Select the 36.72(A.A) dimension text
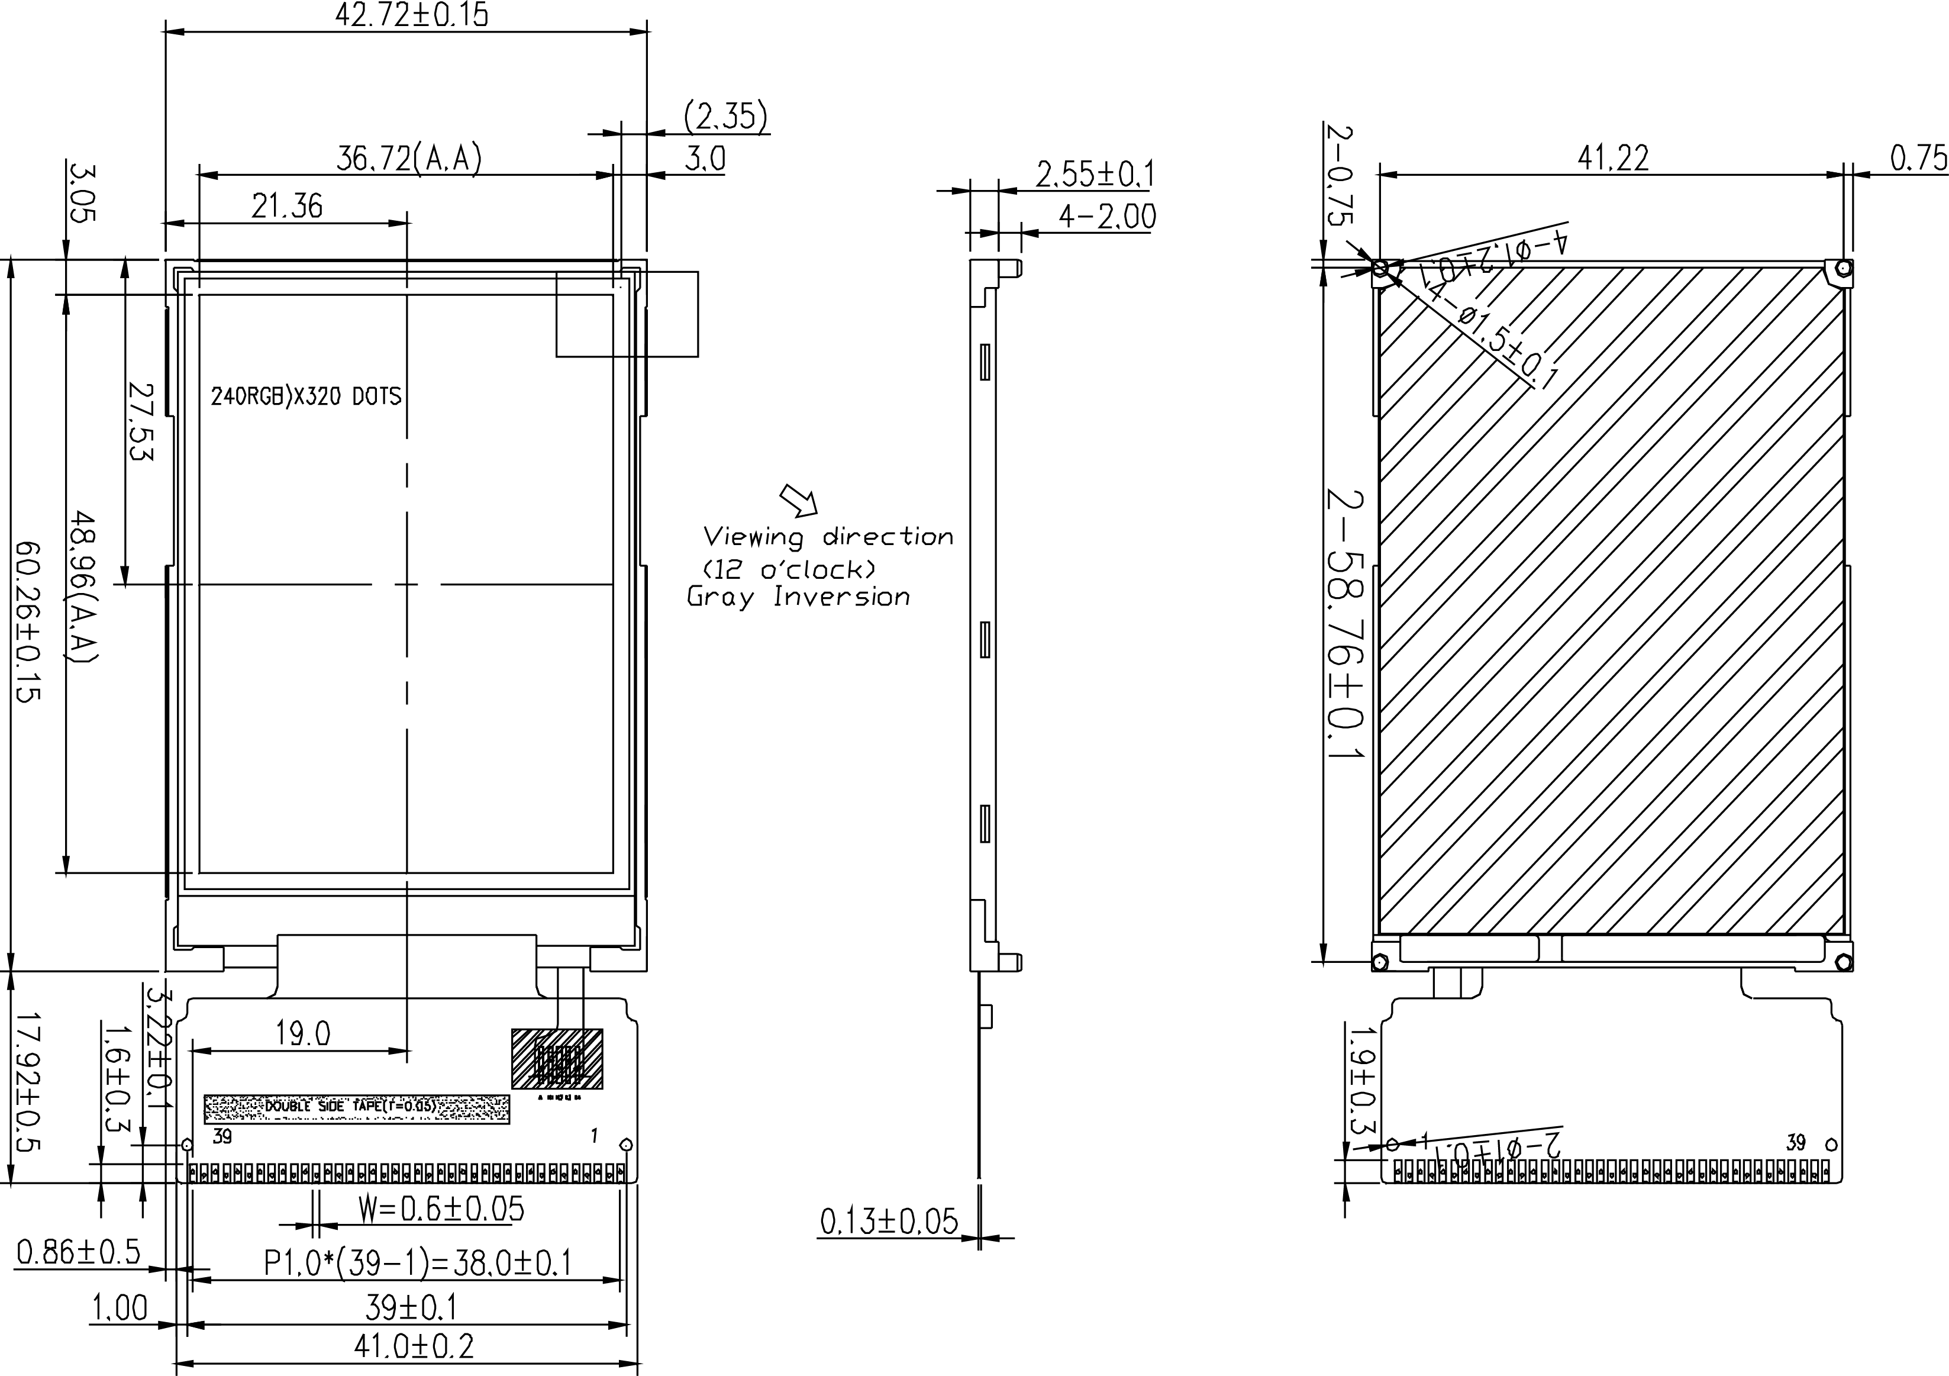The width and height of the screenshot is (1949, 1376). point(409,158)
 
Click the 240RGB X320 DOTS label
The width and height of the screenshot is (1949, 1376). point(305,397)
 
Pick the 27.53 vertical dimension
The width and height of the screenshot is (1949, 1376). point(141,422)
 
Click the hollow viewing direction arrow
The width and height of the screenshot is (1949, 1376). point(799,501)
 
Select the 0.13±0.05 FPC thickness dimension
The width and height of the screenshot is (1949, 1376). point(888,1222)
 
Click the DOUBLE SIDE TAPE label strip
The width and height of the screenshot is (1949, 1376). point(357,1108)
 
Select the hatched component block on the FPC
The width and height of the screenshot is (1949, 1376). point(557,1059)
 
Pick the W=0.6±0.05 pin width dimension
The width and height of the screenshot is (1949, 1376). point(441,1209)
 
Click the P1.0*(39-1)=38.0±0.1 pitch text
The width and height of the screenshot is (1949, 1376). point(418,1263)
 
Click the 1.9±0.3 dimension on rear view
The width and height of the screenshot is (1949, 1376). point(1363,1079)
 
